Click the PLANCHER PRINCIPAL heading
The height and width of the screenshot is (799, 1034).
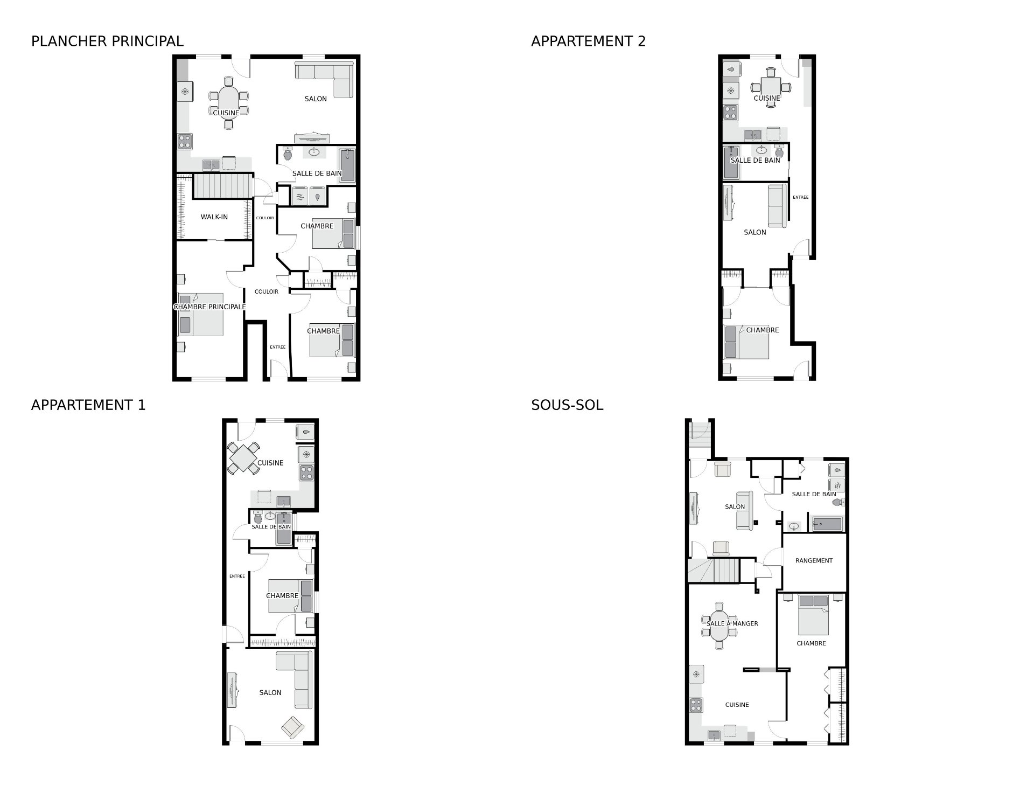coord(107,41)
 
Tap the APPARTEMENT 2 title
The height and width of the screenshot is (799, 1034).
coord(588,41)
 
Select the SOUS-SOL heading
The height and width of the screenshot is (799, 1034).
coord(567,405)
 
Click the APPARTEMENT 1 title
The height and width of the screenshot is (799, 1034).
coord(88,405)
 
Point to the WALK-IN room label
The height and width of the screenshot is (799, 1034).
coord(214,217)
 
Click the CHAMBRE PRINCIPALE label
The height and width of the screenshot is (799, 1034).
coord(209,307)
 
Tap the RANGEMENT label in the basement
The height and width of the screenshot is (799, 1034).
coord(814,560)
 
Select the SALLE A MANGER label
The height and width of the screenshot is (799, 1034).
coord(732,623)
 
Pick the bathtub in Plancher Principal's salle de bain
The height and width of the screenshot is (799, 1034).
coord(347,165)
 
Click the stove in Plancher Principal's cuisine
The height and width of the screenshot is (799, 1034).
coord(185,141)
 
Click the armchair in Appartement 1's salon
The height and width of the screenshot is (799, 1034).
coord(292,727)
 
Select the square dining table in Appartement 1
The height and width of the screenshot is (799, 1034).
coord(244,458)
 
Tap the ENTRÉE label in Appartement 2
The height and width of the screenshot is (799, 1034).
coord(800,197)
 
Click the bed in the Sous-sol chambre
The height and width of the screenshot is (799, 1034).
coord(813,615)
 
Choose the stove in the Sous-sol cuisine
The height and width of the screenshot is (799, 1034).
coord(696,705)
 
